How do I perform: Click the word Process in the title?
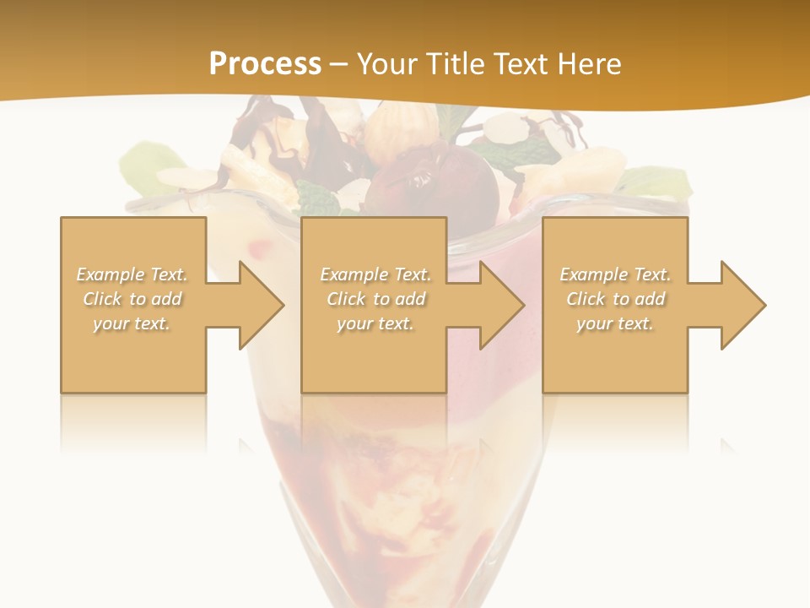click(x=265, y=64)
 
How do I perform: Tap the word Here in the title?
click(x=587, y=64)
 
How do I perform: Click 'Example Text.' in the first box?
click(x=132, y=274)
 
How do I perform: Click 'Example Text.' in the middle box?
click(x=375, y=274)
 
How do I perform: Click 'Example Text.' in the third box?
click(x=615, y=274)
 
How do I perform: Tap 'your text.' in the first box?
click(x=132, y=323)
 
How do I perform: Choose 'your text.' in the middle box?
click(x=375, y=323)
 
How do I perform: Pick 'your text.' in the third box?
click(x=615, y=323)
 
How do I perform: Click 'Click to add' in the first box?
click(x=132, y=299)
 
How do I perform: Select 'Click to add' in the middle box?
click(x=375, y=299)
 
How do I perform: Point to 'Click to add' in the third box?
click(x=615, y=299)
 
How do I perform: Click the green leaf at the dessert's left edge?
click(x=149, y=160)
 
